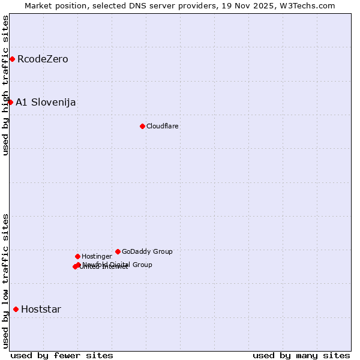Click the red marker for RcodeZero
[x=12, y=59]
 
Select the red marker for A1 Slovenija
[x=10, y=102]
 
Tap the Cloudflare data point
[x=142, y=126]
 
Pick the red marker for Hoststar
[x=16, y=309]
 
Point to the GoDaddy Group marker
[x=118, y=251]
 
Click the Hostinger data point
[x=77, y=256]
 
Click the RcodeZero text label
[x=43, y=59]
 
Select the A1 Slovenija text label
[x=46, y=102]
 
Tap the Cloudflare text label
[x=163, y=126]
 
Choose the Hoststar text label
[x=41, y=310]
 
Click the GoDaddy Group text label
[x=147, y=251]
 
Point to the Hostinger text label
[x=97, y=256]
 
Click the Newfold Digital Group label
[x=118, y=264]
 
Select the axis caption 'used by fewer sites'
[x=62, y=355]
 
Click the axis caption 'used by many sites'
[x=301, y=355]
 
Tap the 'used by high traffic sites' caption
[x=5, y=85]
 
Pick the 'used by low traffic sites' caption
[x=5, y=280]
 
